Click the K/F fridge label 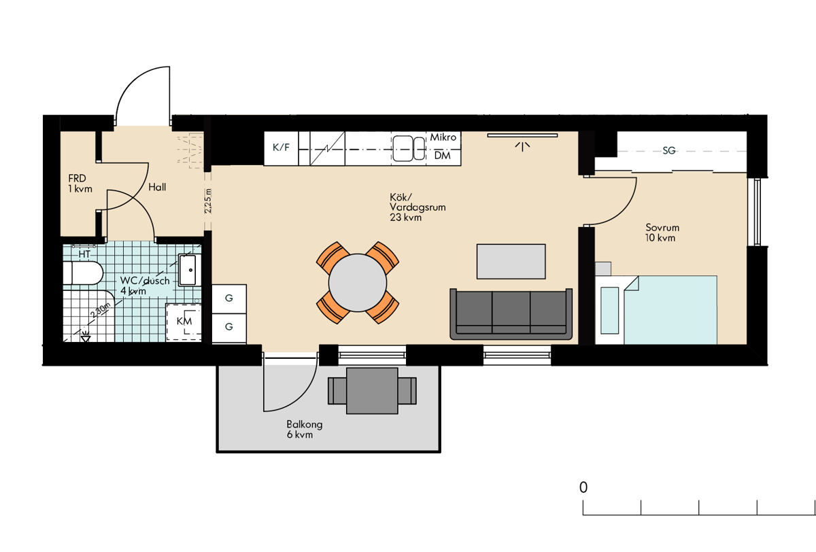coord(281,148)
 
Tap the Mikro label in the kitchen coord(443,137)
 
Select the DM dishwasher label coord(443,156)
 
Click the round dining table coord(358,283)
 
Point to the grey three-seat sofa coord(511,314)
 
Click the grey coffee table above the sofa coord(511,262)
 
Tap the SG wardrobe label coord(669,150)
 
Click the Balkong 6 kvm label coord(304,429)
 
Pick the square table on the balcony coord(372,391)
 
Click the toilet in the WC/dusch coord(83,273)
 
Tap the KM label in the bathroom coord(184,321)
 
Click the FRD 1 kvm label coord(80,184)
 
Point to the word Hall coord(157,187)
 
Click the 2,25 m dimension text coord(207,201)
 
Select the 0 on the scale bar coord(583,487)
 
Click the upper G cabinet coord(229,298)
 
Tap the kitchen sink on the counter coord(409,149)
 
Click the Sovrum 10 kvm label coord(662,232)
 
